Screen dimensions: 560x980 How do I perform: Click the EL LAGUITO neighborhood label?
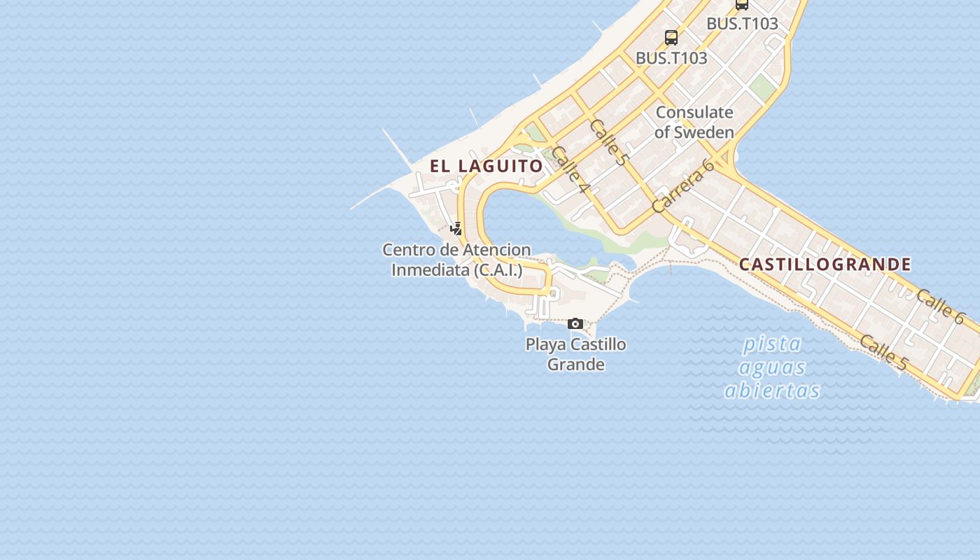tap(486, 166)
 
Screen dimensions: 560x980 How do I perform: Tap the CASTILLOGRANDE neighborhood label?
tap(825, 265)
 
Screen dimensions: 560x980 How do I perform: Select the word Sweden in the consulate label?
tap(704, 132)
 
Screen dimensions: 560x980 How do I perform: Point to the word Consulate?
tap(694, 112)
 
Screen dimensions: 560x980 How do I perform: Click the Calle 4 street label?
tap(571, 169)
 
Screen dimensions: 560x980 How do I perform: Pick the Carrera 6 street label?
tap(682, 185)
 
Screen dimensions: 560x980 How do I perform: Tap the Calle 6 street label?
tap(939, 306)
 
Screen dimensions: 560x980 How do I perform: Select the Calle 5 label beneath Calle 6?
tap(883, 353)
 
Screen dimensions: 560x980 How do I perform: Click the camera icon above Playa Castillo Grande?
tap(575, 323)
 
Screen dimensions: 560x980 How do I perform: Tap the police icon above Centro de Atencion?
tap(456, 228)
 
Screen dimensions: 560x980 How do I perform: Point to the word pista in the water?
tap(772, 344)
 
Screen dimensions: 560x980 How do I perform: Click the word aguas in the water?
tap(772, 367)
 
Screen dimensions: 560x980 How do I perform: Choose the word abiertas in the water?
tap(772, 390)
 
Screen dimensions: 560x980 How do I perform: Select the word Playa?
tap(546, 344)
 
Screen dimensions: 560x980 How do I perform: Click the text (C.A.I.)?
tap(498, 269)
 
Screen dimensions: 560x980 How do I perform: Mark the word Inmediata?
tap(430, 269)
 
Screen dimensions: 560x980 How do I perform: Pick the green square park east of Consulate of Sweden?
tap(762, 87)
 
